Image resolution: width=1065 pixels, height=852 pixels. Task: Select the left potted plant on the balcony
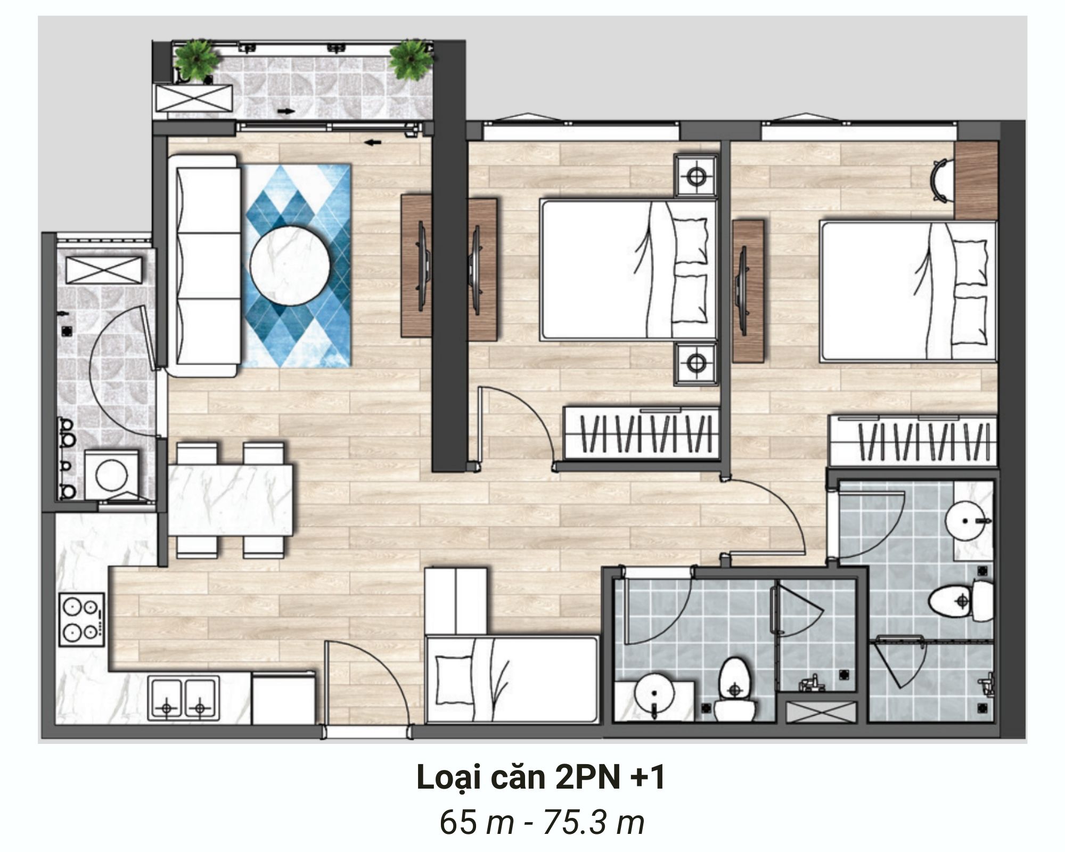coord(198,60)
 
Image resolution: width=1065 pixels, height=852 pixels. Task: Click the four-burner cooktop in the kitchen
coord(82,619)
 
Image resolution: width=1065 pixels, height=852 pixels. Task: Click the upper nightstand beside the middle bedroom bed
coord(695,175)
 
